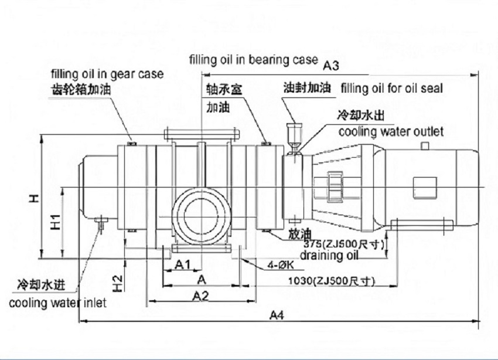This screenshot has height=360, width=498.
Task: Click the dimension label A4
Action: tap(277, 315)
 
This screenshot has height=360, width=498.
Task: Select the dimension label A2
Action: tap(200, 296)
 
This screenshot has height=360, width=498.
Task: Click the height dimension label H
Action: tap(35, 199)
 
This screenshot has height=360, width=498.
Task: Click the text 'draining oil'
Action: tap(329, 256)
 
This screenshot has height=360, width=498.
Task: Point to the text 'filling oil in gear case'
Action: tap(107, 74)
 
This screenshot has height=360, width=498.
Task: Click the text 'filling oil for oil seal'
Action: tap(391, 89)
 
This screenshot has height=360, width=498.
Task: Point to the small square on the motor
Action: tap(421, 187)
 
